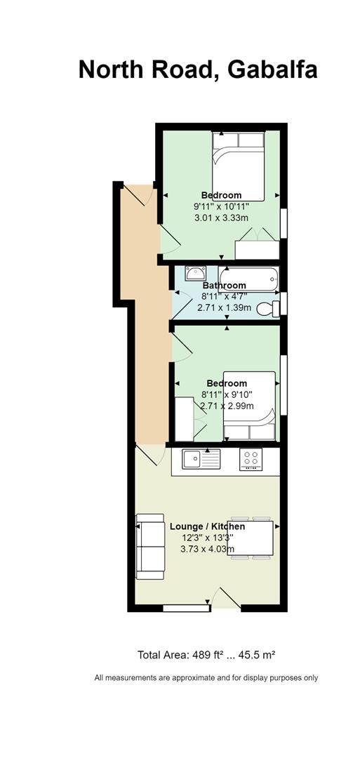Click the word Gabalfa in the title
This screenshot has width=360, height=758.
[272, 69]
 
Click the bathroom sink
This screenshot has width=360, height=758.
[195, 273]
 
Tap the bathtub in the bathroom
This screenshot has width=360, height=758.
[248, 279]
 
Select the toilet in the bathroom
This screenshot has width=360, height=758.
[268, 308]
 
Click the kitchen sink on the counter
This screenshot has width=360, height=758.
[201, 459]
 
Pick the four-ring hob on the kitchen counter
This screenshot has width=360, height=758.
[251, 459]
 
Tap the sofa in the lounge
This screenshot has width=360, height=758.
[149, 546]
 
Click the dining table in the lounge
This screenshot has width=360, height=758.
[257, 537]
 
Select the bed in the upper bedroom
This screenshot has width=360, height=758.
[238, 166]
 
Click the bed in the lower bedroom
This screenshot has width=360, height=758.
[249, 406]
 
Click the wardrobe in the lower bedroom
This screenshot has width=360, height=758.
[184, 418]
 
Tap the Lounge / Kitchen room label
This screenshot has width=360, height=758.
[207, 526]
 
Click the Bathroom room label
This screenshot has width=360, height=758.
[225, 285]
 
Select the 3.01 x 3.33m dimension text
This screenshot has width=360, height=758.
[221, 218]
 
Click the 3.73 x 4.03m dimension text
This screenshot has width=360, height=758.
[207, 549]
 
